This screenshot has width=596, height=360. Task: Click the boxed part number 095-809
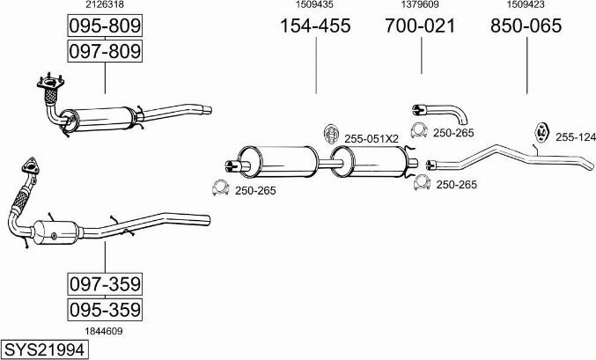point(105,26)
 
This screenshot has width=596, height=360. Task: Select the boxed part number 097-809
point(105,51)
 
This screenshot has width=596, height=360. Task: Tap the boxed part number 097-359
point(105,284)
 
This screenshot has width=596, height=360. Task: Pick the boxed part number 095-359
point(105,310)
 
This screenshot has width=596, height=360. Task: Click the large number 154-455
point(315,26)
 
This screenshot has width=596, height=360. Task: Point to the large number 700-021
point(421,26)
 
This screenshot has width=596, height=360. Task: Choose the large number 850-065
point(526,26)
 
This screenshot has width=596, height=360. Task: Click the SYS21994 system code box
point(45,349)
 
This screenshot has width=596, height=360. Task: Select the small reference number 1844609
point(104,331)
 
